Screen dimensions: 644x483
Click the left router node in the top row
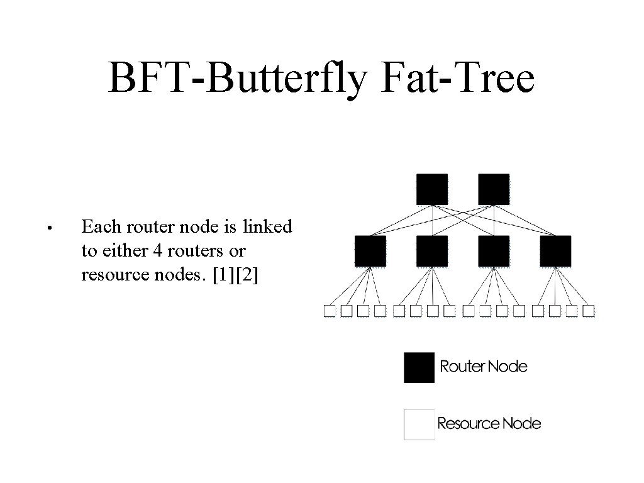pyautogui.click(x=432, y=189)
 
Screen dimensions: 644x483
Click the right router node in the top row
pyautogui.click(x=494, y=189)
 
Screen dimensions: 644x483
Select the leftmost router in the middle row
pyautogui.click(x=370, y=251)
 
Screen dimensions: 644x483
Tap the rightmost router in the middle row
pyautogui.click(x=555, y=251)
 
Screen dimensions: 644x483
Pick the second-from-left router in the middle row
pyautogui.click(x=432, y=251)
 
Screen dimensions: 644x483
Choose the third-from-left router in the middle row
pyautogui.click(x=494, y=251)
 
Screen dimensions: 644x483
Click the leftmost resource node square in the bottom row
pyautogui.click(x=329, y=311)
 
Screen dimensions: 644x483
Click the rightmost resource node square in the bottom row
pyautogui.click(x=589, y=311)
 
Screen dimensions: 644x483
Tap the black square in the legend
pyautogui.click(x=419, y=367)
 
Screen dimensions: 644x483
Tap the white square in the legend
pyautogui.click(x=419, y=425)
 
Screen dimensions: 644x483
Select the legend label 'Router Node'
pyautogui.click(x=484, y=366)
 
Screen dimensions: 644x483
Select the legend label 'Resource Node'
pyautogui.click(x=489, y=423)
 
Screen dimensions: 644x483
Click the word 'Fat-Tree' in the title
pyautogui.click(x=458, y=79)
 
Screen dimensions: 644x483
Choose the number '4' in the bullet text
pyautogui.click(x=157, y=251)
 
